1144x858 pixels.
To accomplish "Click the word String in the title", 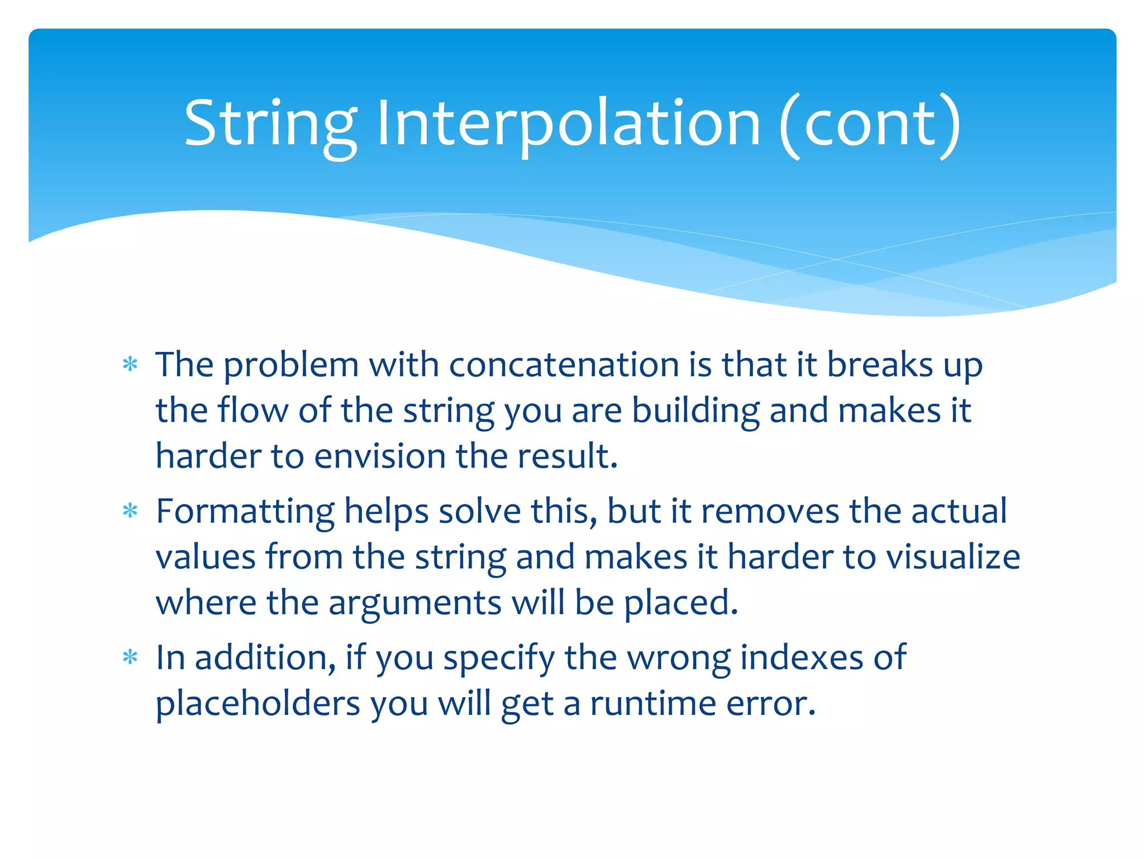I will [x=270, y=124].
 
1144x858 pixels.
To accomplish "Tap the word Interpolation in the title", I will [x=569, y=124].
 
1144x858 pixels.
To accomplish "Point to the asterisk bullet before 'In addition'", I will [x=130, y=658].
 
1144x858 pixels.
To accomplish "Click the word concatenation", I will [x=564, y=365].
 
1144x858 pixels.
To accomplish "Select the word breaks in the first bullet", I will [x=880, y=365].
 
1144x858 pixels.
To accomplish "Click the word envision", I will [x=380, y=456].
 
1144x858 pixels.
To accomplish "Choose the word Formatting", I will [x=245, y=512].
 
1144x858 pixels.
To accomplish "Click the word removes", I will [x=770, y=512].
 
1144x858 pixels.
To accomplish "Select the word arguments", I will [x=414, y=603].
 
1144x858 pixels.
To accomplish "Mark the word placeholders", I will [x=258, y=704].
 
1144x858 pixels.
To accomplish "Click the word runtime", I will [x=653, y=704].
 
